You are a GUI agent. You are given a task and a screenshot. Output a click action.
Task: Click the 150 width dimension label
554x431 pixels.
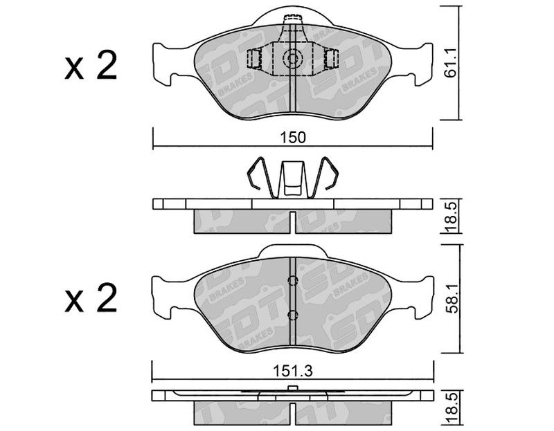click(292, 137)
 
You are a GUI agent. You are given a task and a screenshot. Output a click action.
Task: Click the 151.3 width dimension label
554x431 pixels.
click(292, 371)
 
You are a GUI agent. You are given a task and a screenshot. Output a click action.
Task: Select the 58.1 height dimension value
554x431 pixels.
click(452, 298)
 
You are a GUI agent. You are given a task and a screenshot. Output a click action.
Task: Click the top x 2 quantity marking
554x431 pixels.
click(91, 65)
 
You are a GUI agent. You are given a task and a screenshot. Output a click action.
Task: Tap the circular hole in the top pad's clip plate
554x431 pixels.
click(293, 58)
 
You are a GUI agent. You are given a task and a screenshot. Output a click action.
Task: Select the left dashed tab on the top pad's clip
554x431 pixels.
click(254, 58)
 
